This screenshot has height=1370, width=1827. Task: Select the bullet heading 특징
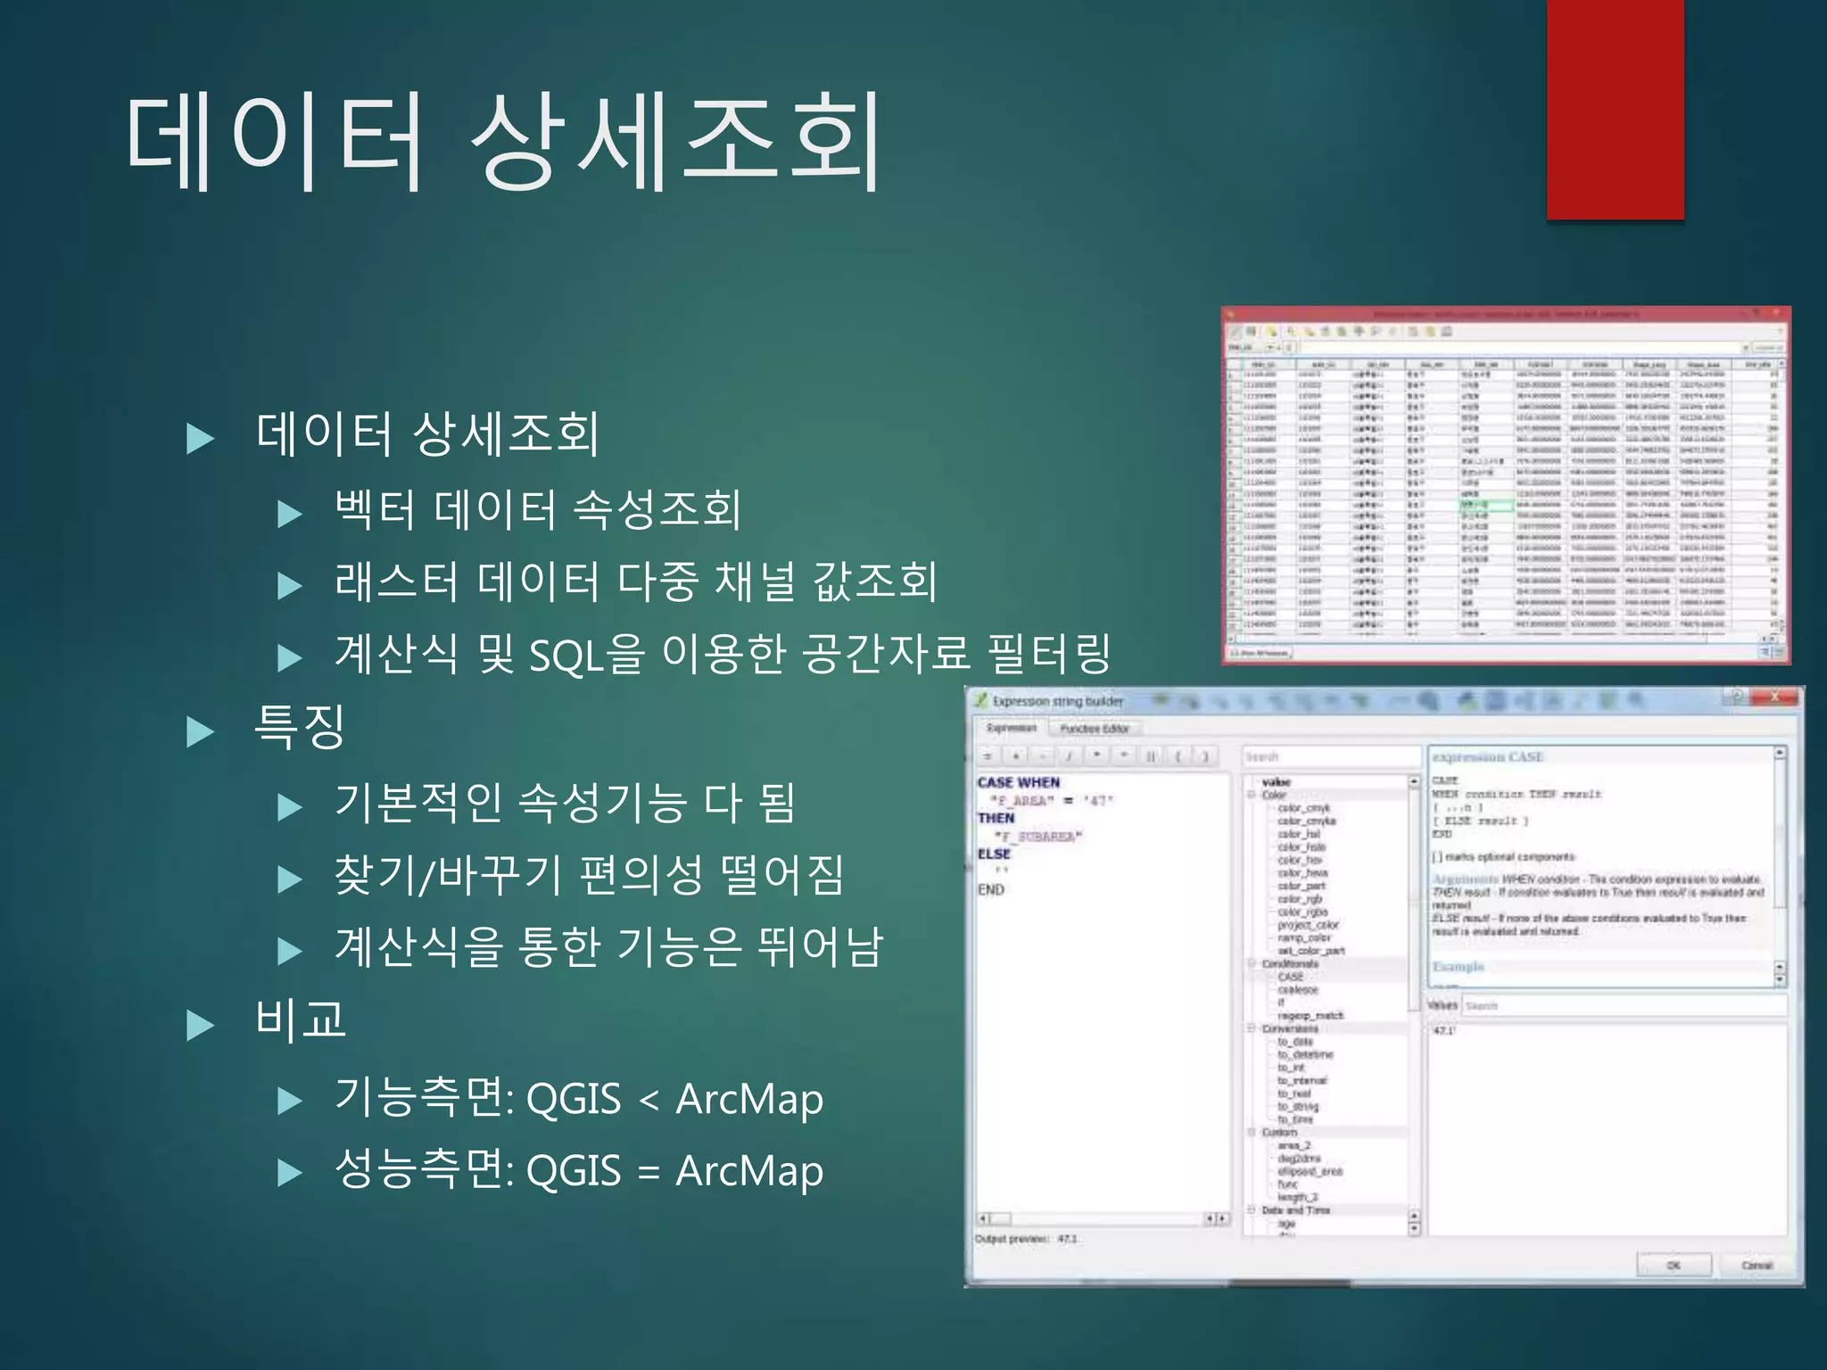[300, 726]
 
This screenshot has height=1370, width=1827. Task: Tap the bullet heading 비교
[300, 1019]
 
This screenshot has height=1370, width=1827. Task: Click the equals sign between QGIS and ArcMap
[649, 1172]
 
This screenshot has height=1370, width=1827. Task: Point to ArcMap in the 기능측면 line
[749, 1099]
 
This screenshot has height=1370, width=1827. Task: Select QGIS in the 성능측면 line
[574, 1170]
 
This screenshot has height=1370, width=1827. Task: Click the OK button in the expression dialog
[1674, 1265]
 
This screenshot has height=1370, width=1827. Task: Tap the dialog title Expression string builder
[1057, 702]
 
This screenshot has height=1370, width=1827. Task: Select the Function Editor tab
[1095, 729]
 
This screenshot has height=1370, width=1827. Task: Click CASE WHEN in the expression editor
[1018, 782]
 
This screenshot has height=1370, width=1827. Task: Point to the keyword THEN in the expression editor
[996, 818]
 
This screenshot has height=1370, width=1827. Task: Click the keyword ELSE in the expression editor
[994, 854]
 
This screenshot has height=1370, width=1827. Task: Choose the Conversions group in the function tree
[1289, 1028]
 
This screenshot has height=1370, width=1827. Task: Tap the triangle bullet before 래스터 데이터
[290, 586]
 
